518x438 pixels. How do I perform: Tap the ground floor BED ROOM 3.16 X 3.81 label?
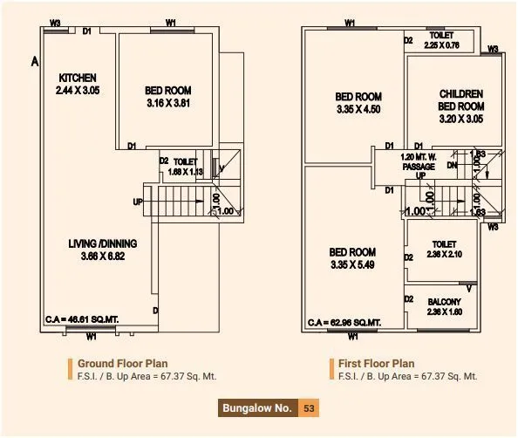pyautogui.click(x=168, y=96)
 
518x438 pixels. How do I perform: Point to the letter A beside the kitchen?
pyautogui.click(x=34, y=62)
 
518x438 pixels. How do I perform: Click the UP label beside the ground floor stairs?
pyautogui.click(x=138, y=202)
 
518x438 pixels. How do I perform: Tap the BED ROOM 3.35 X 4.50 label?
pyautogui.click(x=358, y=103)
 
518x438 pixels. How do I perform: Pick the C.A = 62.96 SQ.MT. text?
pyautogui.click(x=345, y=322)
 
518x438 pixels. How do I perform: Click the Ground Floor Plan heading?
pyautogui.click(x=122, y=363)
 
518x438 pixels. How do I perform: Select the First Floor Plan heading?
pyautogui.click(x=378, y=363)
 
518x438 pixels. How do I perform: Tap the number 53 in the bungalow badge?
pyautogui.click(x=309, y=407)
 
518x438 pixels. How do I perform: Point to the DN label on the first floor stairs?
pyautogui.click(x=452, y=165)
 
